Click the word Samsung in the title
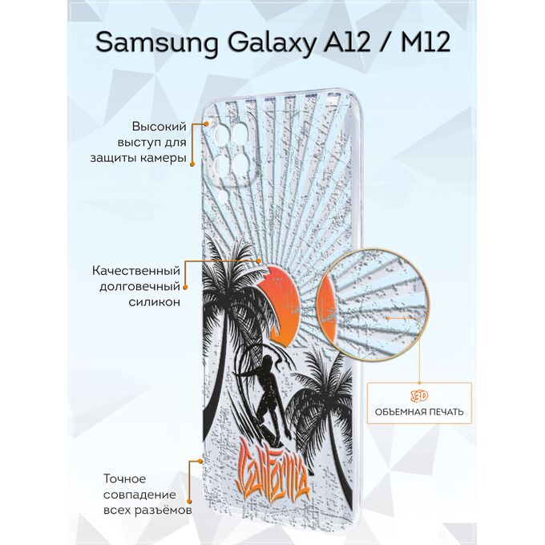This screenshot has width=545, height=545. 157,42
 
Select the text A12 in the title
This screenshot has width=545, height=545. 347,42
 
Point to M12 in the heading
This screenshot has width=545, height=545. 426,42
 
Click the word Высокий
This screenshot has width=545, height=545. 159,127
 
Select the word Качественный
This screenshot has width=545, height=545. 136,271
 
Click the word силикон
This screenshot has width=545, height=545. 155,302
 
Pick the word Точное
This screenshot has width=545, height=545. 125,478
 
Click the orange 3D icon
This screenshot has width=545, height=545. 419,396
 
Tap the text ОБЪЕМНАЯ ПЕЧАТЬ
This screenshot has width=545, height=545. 419,412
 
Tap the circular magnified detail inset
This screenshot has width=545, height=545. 373,305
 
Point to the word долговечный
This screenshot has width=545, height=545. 139,287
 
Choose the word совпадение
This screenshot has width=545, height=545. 139,495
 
